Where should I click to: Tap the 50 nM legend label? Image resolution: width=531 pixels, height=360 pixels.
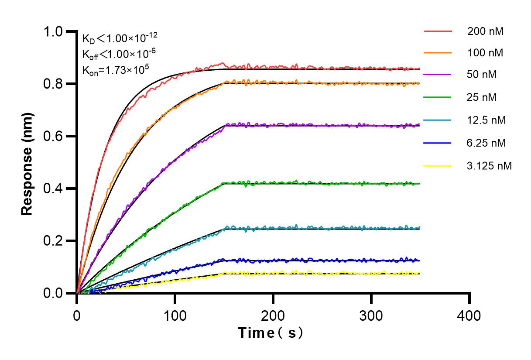482,75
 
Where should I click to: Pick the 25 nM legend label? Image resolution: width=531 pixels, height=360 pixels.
482,97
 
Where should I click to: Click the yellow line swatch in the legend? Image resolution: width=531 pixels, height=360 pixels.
437,165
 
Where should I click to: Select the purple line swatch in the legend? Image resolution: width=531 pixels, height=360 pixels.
437,75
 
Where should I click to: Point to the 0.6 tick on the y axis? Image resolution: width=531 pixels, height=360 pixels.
57,136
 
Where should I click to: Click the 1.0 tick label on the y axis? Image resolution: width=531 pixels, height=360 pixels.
57,31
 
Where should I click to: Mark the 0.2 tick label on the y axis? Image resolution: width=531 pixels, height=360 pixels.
57,241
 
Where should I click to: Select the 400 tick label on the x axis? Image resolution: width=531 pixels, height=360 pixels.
469,315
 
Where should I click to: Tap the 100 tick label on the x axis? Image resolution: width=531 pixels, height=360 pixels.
175,315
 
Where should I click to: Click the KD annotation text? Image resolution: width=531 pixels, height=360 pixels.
116,38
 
